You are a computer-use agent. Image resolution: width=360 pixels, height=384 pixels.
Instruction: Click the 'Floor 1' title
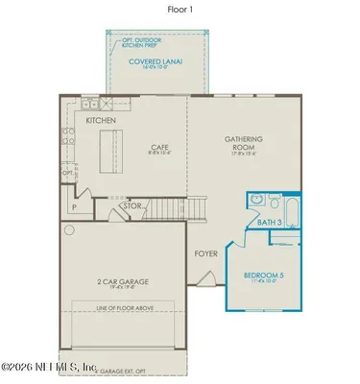tap(180, 10)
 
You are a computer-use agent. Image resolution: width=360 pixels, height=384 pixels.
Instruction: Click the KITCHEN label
tap(101, 122)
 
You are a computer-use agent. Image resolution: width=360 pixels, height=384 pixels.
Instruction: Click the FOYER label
tap(206, 254)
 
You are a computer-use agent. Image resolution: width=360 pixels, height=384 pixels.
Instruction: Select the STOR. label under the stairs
tap(132, 205)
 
